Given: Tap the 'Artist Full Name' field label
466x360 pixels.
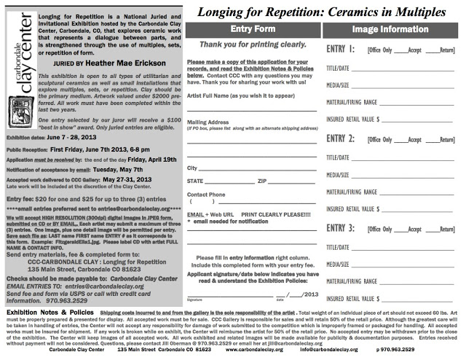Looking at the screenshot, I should [x=232, y=95].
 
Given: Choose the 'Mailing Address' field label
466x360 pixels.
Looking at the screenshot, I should [x=207, y=122].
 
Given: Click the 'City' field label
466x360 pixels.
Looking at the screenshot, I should [x=192, y=168].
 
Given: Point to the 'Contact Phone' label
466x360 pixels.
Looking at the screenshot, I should [x=206, y=195].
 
